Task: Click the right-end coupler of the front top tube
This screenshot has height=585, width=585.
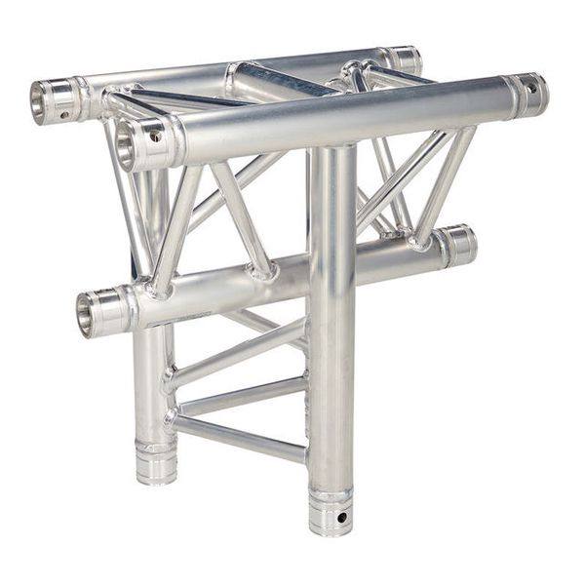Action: pyautogui.click(x=526, y=93)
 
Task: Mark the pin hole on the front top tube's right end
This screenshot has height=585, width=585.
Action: pyautogui.click(x=530, y=88)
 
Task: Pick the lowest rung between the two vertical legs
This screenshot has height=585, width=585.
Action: pyautogui.click(x=239, y=438)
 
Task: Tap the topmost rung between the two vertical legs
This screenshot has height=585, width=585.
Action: pyautogui.click(x=239, y=357)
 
